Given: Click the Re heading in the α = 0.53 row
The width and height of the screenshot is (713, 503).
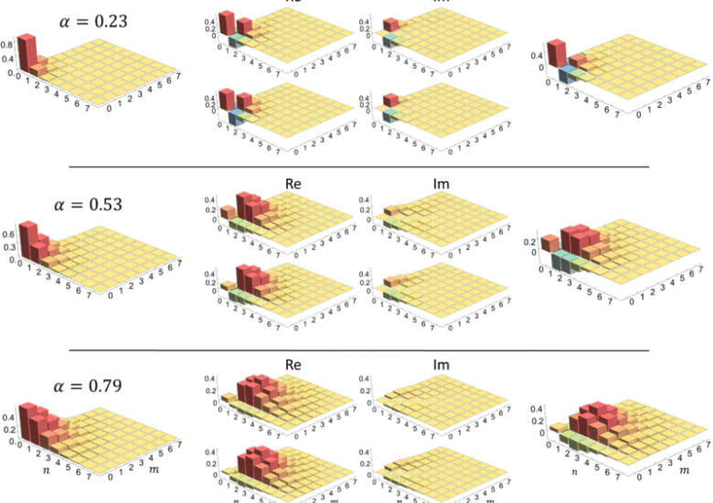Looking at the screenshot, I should [x=293, y=185].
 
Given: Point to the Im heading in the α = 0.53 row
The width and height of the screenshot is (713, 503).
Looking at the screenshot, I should [x=442, y=185].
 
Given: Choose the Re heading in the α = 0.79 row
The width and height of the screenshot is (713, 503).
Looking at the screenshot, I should [x=293, y=364].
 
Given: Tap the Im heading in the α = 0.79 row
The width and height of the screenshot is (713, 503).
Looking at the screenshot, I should [x=442, y=364].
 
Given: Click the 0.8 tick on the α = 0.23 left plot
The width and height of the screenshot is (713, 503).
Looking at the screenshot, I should [x=7, y=45].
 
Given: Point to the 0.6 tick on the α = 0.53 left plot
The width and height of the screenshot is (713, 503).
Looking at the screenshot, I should [x=8, y=234].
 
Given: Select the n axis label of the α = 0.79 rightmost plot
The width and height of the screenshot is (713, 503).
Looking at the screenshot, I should [x=574, y=474].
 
